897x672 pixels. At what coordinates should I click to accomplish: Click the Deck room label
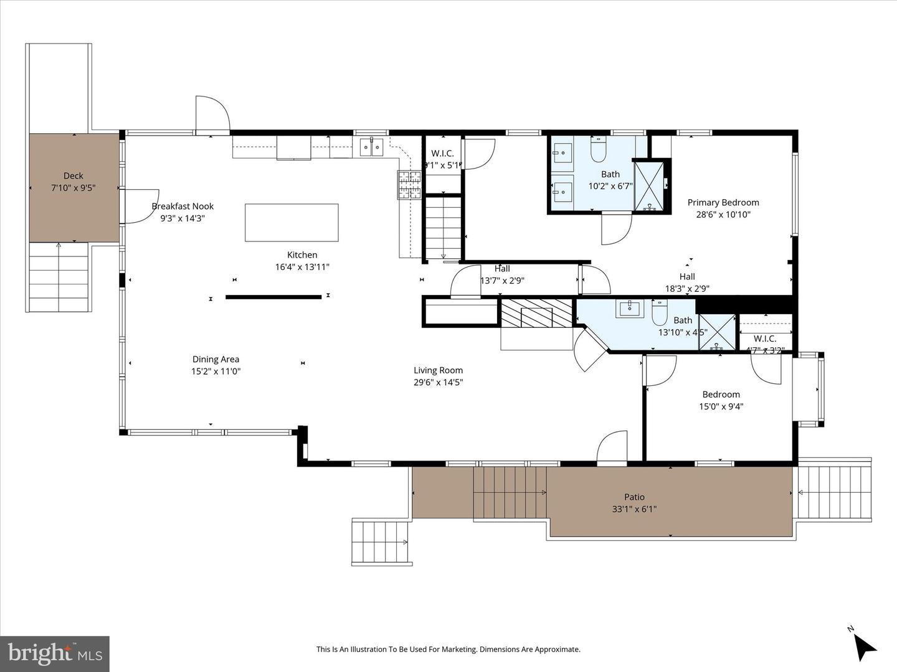click(x=73, y=176)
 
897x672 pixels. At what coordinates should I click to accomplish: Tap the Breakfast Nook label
click(x=183, y=207)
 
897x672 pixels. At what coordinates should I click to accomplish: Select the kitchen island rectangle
click(x=292, y=222)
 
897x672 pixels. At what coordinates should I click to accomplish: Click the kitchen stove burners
click(x=410, y=185)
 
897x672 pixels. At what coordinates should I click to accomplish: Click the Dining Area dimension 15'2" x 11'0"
click(x=216, y=371)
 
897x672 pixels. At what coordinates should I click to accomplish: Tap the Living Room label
click(x=438, y=370)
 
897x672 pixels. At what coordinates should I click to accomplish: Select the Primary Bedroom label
click(x=723, y=202)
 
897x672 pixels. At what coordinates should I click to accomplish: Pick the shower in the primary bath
click(x=650, y=185)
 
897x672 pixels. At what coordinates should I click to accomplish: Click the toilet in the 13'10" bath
click(x=660, y=312)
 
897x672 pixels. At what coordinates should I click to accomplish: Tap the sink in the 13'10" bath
click(x=630, y=308)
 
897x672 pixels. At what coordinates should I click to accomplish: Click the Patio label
click(x=634, y=497)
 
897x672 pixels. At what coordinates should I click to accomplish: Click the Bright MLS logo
click(x=55, y=653)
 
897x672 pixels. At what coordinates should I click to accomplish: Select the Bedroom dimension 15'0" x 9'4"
click(x=721, y=407)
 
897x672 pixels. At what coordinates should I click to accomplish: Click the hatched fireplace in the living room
click(x=536, y=313)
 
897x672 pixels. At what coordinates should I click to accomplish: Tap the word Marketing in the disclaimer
click(x=455, y=650)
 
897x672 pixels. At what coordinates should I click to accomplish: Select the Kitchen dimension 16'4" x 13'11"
click(x=302, y=267)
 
